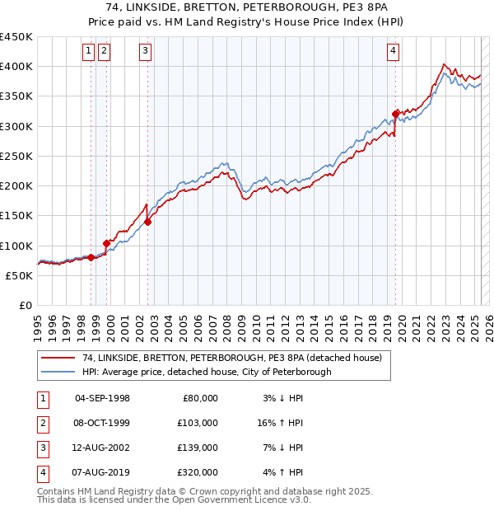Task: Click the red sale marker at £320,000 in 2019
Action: [x=396, y=114]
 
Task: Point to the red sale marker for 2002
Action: [x=148, y=222]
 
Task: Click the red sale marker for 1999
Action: [x=106, y=243]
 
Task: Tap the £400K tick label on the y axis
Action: [x=16, y=67]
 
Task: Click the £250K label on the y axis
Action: [x=16, y=156]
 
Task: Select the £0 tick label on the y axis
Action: [x=25, y=305]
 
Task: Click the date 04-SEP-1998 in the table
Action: [x=102, y=398]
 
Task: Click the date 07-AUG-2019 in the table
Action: [x=102, y=472]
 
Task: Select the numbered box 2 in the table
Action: [x=42, y=423]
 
